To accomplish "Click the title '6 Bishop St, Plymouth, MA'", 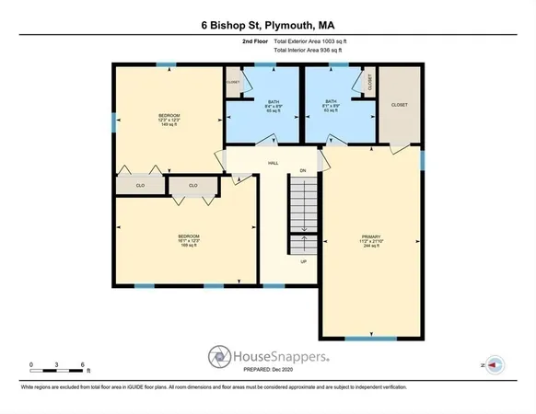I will [268, 27].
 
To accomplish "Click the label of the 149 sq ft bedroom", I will [168, 119].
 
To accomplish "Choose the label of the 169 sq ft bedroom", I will [188, 241].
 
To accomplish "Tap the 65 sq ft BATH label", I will [273, 106].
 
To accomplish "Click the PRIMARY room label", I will [371, 242].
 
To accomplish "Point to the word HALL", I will [273, 163].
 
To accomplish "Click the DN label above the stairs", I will [302, 171].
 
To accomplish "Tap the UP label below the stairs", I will [302, 260].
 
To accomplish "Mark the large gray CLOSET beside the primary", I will [399, 105].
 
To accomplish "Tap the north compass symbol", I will [493, 364].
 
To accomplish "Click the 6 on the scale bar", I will [83, 366].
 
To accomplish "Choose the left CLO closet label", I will [140, 185].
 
